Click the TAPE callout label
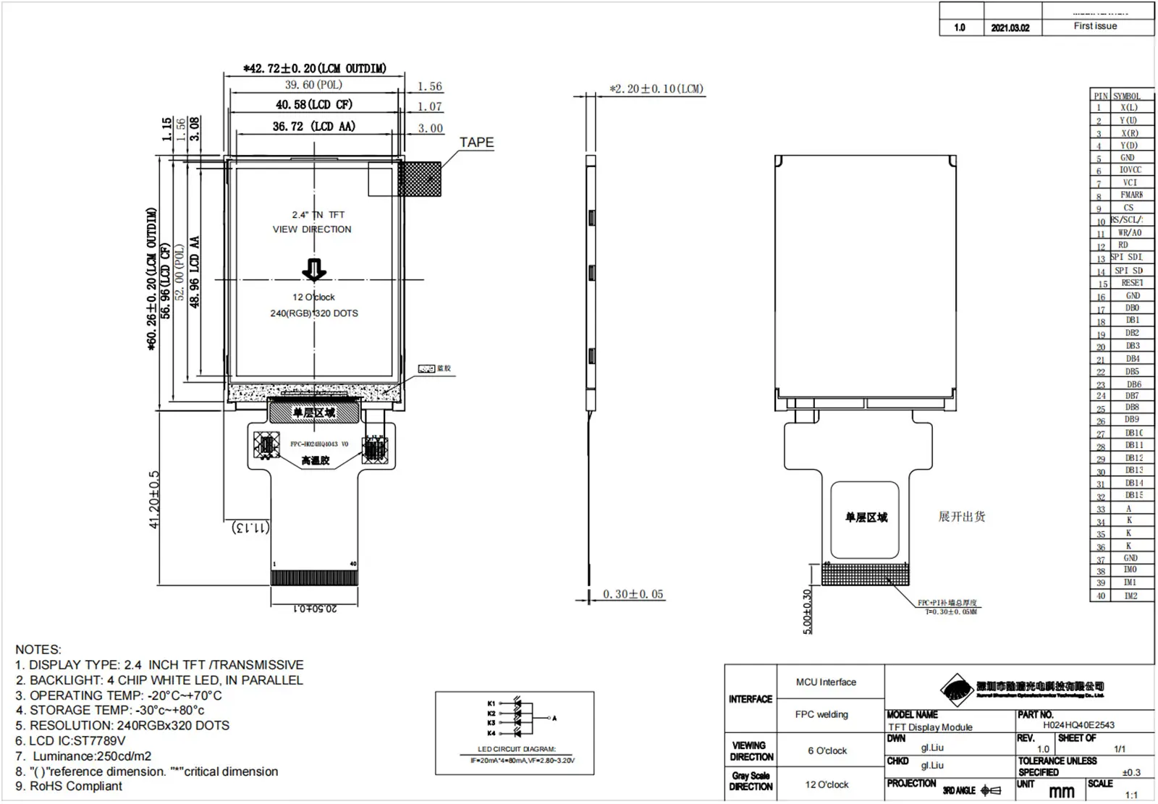476,143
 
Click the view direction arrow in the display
314,270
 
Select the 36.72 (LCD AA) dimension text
313,127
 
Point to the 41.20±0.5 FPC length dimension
154,499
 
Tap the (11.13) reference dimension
250,528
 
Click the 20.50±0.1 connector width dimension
314,609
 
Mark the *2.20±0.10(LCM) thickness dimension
656,89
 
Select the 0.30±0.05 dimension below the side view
633,594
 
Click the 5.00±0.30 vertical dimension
808,612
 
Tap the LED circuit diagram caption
516,749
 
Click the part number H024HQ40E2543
1078,724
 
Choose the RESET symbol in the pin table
1131,283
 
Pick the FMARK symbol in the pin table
1131,195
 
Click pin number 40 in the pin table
1100,596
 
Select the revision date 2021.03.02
1010,27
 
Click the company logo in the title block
957,689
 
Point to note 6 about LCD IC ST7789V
70,740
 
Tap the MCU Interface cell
826,682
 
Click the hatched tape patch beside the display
419,179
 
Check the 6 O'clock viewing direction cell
827,750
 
